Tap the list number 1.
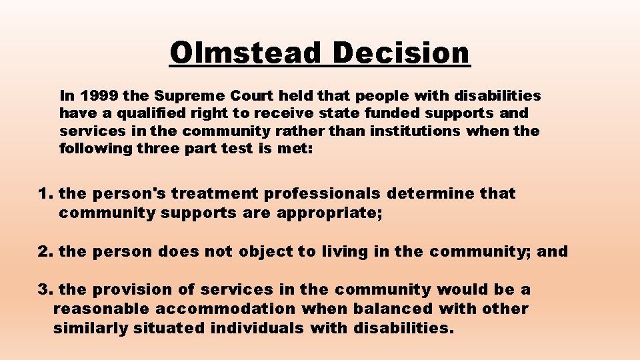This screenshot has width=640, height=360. click(x=44, y=194)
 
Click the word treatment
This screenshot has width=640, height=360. click(x=217, y=194)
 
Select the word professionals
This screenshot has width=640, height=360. click(x=322, y=194)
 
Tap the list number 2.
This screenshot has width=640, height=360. click(x=44, y=251)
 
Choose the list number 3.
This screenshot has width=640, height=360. click(x=44, y=289)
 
